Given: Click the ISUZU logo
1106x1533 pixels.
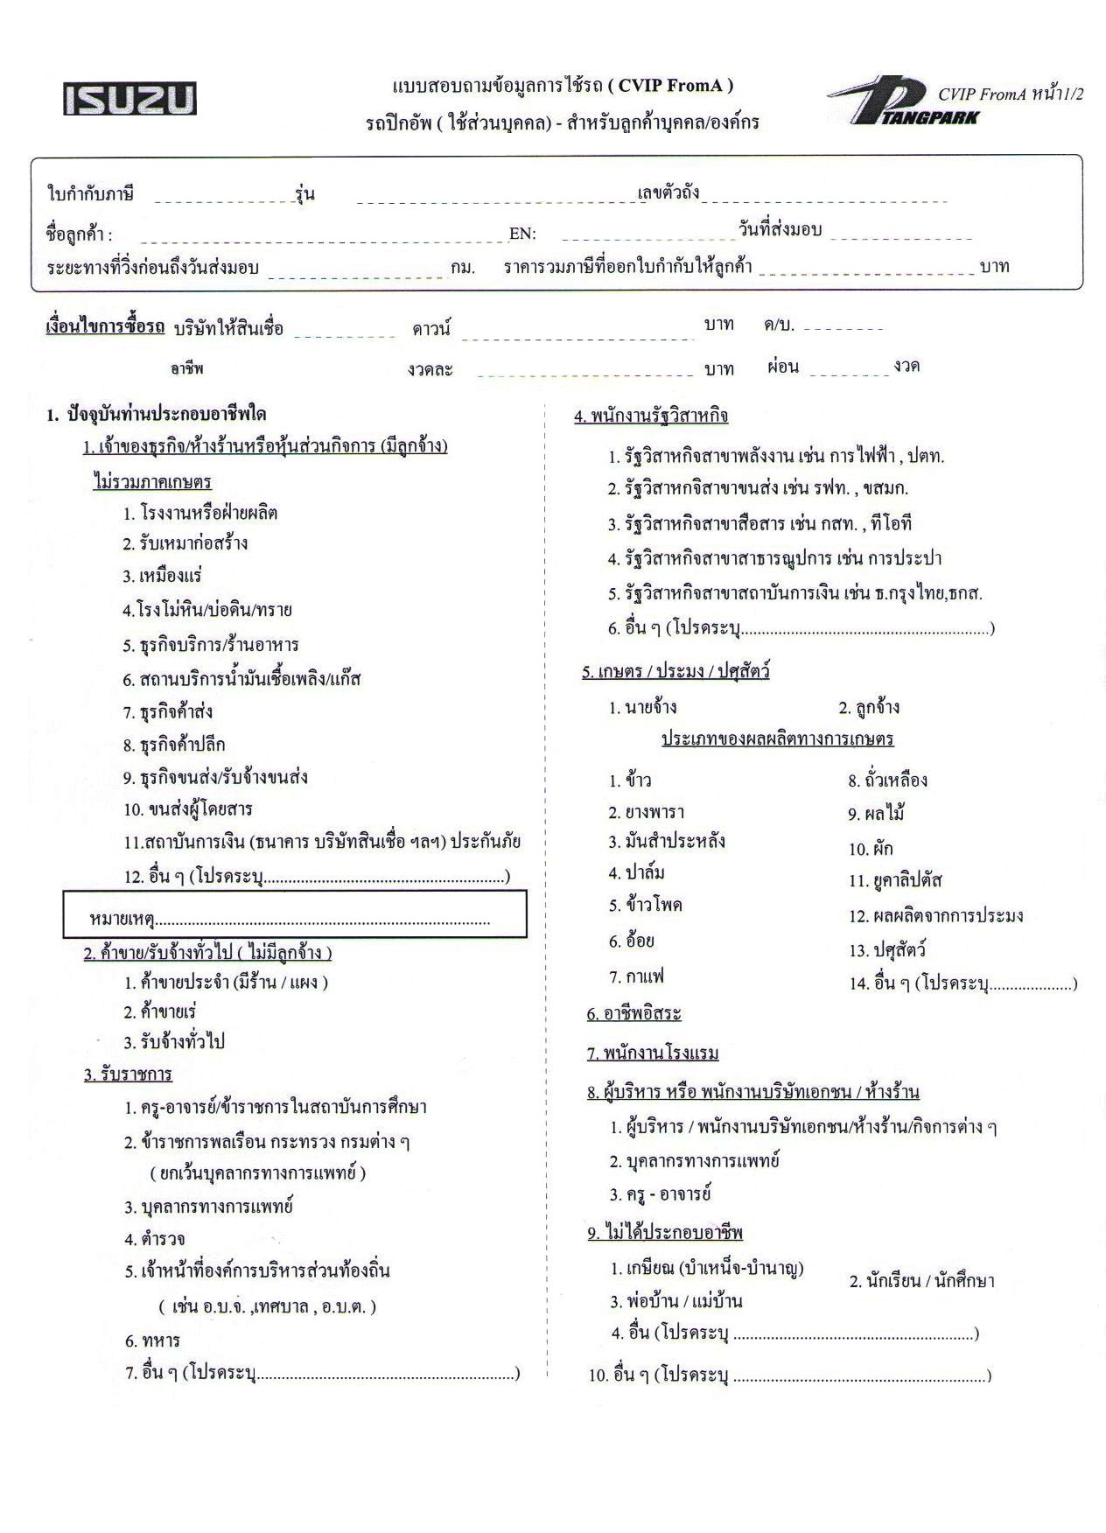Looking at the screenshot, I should point(129,99).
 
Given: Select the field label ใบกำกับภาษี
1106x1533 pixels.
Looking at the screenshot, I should point(90,194).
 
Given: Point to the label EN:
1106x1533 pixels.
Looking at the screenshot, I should point(522,234).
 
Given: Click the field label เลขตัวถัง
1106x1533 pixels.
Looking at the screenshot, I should point(668,192).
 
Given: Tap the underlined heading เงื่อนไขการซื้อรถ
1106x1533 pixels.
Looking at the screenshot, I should point(105,327).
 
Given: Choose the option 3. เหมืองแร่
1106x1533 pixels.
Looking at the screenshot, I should point(162,576).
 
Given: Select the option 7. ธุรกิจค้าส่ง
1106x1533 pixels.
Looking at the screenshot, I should point(167,712).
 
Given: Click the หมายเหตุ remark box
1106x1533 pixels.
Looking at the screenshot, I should point(294,914).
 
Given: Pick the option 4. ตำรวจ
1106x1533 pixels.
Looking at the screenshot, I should point(154,1239).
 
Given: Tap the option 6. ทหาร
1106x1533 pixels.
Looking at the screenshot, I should point(152,1340).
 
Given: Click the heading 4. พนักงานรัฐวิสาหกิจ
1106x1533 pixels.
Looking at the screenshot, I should point(651,416).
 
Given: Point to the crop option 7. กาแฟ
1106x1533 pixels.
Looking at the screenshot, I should point(636,976).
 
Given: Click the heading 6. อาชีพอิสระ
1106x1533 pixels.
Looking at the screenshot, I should point(633,1014).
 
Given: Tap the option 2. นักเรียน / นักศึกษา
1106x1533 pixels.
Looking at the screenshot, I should point(921,1282).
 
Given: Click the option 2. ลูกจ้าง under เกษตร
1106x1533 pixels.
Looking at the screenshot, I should point(868,708).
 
